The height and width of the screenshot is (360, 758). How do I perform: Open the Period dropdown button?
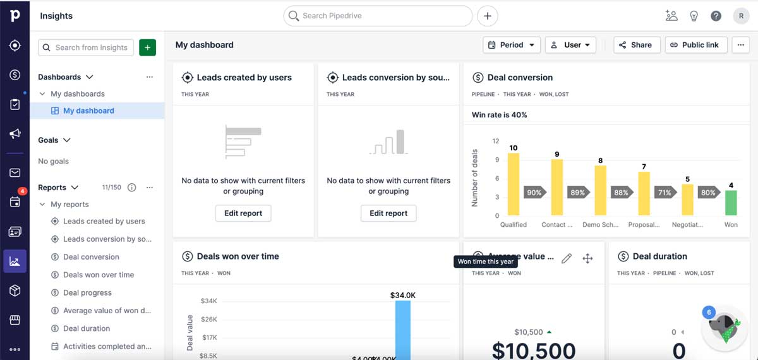coord(512,45)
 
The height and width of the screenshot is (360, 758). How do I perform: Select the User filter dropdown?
coord(570,45)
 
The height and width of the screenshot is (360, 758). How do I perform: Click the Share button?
coord(637,45)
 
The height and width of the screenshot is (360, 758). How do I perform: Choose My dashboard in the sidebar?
coord(88,111)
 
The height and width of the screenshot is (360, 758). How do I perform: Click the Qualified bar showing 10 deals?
coord(514,184)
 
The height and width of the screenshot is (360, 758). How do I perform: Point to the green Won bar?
coord(731,203)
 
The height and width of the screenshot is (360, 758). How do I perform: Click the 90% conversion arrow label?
coord(534,193)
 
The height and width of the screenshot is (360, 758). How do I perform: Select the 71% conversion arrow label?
coord(665,193)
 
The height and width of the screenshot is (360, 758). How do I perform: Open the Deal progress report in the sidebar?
coord(87,293)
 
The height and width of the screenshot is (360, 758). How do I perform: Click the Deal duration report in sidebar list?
coord(87,328)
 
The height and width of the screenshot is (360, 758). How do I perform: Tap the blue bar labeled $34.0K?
coord(403,328)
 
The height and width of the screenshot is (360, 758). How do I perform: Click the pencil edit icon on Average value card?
coord(567,258)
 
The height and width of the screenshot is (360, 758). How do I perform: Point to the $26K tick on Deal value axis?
coord(208,320)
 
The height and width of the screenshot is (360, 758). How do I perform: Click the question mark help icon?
coord(716,16)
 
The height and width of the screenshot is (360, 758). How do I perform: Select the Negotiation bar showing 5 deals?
coord(687,200)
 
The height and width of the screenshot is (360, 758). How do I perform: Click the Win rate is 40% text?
coord(499,115)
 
